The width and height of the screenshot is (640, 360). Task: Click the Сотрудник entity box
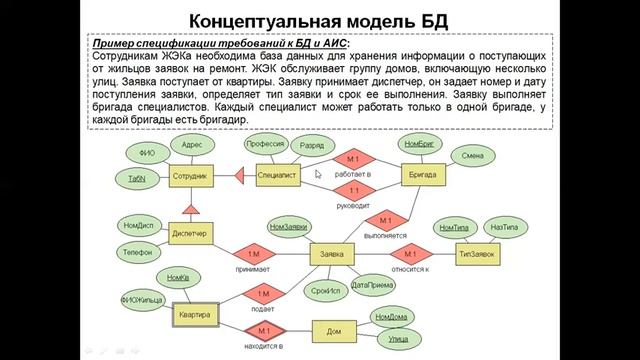coord(189,176)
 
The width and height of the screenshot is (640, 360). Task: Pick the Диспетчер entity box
coord(189,234)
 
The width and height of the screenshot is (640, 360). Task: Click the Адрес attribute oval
coord(192,144)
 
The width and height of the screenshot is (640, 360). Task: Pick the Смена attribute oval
coord(473,156)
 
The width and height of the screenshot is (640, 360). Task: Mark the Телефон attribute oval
coord(138,252)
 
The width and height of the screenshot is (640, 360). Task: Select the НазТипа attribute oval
coord(505,229)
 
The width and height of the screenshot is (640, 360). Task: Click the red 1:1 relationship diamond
coord(353,191)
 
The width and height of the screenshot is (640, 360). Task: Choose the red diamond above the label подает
coord(264,295)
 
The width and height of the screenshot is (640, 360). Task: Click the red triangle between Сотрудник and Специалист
coord(239,176)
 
